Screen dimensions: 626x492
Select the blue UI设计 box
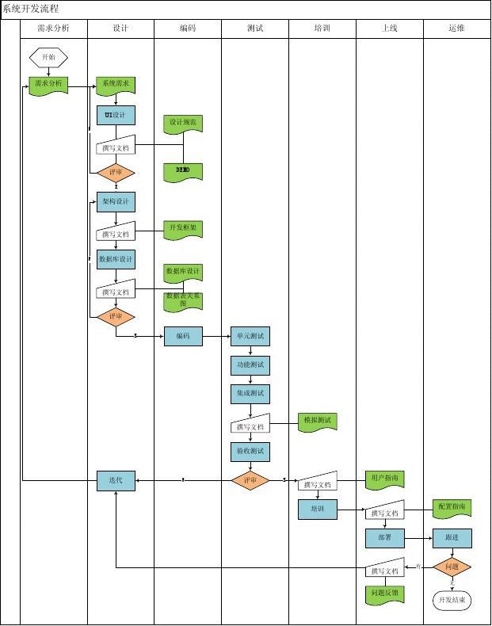116,116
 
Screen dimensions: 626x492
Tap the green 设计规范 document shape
183,124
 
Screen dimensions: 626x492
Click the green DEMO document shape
183,171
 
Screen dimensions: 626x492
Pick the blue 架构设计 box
116,201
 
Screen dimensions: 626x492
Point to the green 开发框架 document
183,229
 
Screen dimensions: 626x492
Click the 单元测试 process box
250,336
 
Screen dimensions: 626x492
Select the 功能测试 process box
250,365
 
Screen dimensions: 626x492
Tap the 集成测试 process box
250,393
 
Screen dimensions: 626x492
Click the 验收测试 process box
250,452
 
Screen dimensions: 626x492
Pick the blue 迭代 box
116,480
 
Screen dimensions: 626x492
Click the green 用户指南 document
386,479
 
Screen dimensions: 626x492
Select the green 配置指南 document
452,507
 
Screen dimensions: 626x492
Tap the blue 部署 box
385,538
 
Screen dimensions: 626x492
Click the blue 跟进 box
452,538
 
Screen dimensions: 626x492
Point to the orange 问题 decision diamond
452,567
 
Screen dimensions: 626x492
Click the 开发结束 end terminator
452,601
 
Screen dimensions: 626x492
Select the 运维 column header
456,28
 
